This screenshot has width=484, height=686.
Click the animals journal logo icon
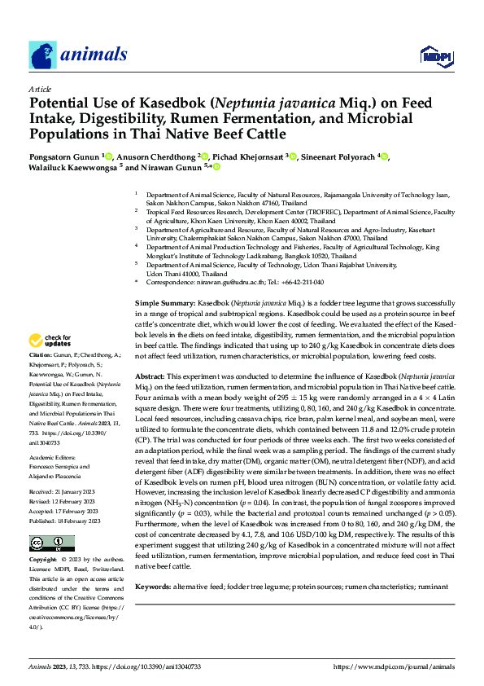point(42,55)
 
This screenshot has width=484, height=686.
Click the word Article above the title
point(40,89)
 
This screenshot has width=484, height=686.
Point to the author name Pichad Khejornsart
point(249,156)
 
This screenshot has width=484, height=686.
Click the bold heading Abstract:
point(151,377)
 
